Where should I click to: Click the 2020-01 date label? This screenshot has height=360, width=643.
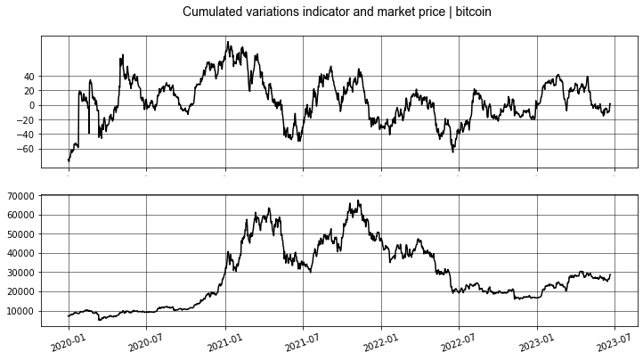click(68, 342)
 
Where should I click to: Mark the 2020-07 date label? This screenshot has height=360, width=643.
click(145, 342)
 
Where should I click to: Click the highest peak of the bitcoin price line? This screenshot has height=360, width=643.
click(359, 200)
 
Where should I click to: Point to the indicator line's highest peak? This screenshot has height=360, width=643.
click(228, 41)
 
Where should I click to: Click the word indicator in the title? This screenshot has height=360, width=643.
click(334, 12)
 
